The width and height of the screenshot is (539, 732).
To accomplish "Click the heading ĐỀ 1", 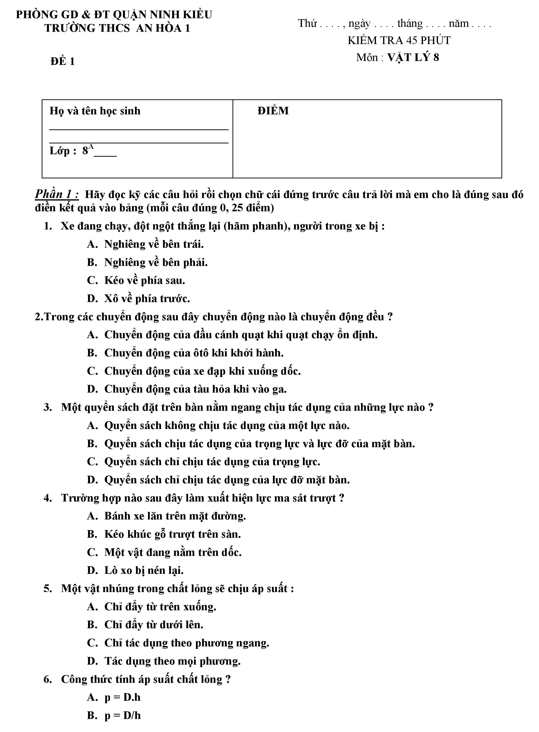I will coord(63,61).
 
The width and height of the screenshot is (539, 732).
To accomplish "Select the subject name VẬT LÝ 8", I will coord(413,58).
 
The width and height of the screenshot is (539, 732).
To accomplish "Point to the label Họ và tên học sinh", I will coord(95,111).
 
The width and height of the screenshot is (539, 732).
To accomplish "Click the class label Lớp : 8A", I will coord(72,151).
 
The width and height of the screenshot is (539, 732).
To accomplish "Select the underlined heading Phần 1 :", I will coord(57,194).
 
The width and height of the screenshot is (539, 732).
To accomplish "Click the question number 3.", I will coord(48,408).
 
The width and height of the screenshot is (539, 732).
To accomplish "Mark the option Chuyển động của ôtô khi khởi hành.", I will coord(194,353).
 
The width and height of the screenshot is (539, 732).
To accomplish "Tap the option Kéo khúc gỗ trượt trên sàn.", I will coord(172,534).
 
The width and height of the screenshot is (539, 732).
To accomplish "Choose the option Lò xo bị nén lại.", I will coord(144,570).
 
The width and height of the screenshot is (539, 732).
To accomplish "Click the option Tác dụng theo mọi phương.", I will coord(172,661).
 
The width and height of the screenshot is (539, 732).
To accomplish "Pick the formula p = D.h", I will coord(122,697).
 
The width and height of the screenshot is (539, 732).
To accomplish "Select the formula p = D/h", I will coord(122,715).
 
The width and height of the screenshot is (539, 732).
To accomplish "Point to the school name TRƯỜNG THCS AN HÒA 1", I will coord(117,28).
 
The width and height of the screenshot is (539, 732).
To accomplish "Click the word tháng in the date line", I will coord(410,24).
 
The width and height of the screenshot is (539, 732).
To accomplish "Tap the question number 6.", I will coord(48,679).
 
